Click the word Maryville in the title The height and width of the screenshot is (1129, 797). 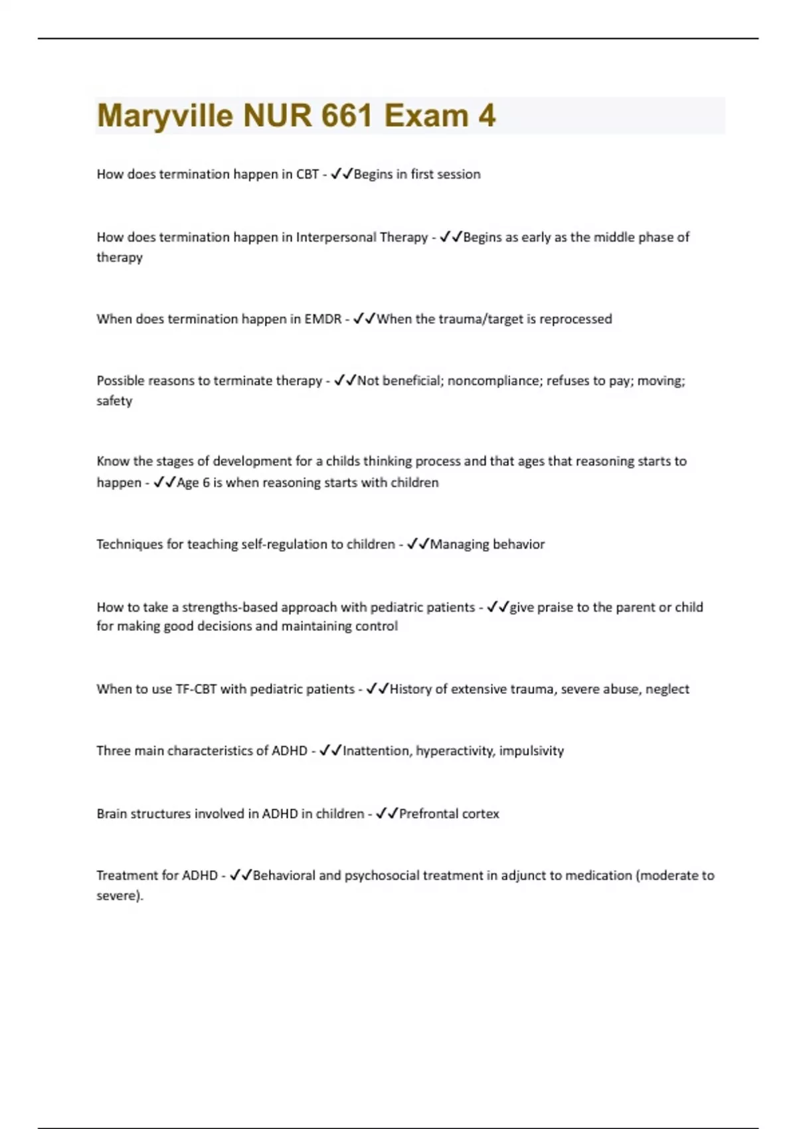[165, 116]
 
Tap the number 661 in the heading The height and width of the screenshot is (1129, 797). [345, 116]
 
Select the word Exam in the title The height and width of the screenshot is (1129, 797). [426, 116]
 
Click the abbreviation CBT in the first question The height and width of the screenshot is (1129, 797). [308, 175]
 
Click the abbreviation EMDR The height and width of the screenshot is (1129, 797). [323, 319]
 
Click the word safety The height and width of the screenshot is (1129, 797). [114, 401]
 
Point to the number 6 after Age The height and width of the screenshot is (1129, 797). [206, 483]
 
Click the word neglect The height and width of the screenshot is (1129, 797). [667, 689]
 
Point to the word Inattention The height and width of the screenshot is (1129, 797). [377, 751]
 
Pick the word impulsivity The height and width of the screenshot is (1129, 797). [531, 751]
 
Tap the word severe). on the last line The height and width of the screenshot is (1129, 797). [120, 896]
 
